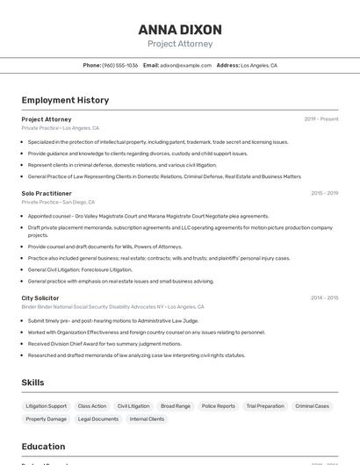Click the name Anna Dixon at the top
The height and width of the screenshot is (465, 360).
point(179,29)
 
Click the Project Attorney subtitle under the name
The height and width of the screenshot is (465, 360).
point(179,44)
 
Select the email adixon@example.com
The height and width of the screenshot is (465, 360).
point(185,65)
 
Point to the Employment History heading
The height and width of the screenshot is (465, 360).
point(65,100)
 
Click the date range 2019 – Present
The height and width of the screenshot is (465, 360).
point(321,119)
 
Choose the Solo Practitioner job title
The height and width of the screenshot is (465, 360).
point(47,193)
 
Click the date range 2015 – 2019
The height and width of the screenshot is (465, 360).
point(324,193)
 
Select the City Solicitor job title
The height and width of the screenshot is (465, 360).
point(40,298)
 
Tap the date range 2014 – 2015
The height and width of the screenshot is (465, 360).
point(324,298)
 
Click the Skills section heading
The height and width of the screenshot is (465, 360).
point(33,383)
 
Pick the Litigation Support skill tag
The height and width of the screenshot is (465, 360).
point(46,406)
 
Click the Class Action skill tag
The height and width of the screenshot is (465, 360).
point(92,406)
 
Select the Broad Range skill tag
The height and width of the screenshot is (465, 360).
point(176,406)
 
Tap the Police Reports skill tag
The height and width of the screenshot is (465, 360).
point(219,406)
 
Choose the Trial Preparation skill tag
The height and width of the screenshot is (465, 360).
point(265,406)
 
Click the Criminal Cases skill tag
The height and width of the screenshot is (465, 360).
point(313,406)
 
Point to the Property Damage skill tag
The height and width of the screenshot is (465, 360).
point(46,419)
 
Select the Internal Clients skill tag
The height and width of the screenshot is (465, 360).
point(147,419)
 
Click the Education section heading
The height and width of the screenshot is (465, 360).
point(43,447)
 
